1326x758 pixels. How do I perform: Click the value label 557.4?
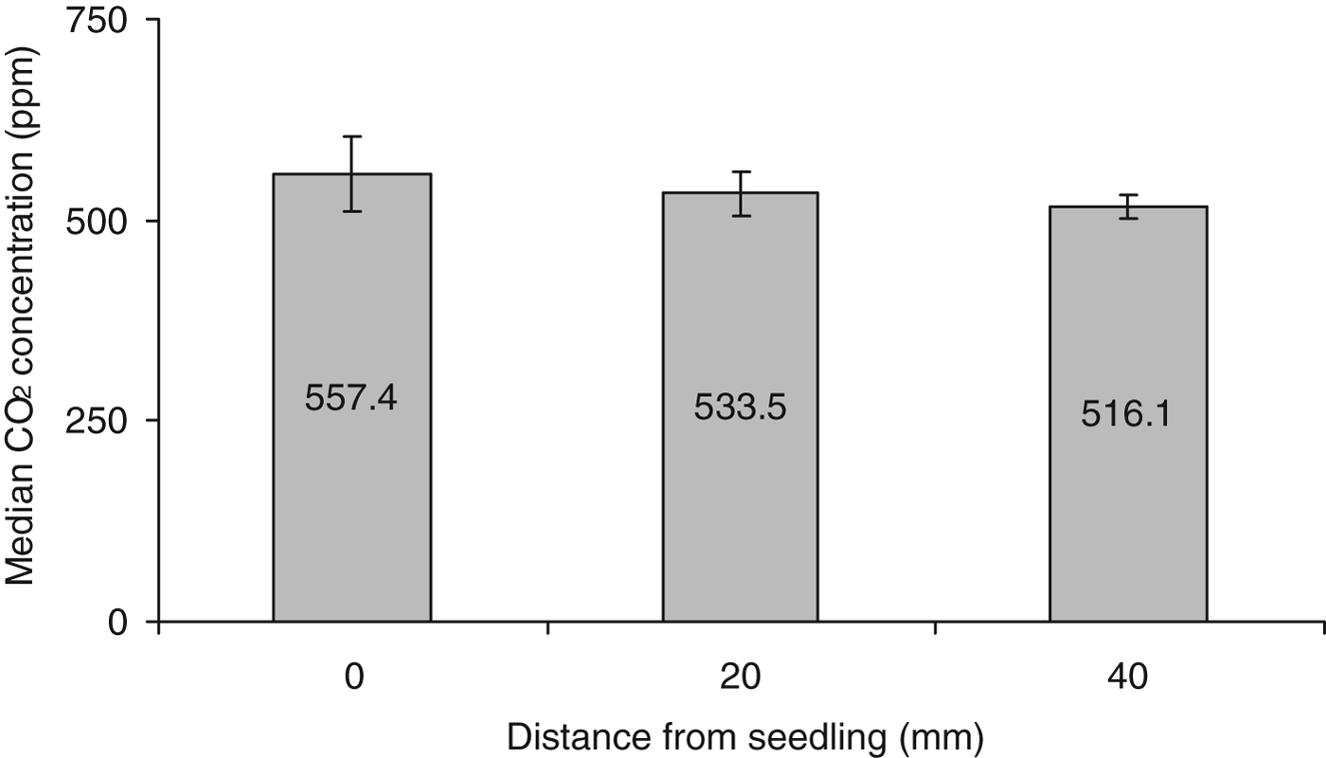[x=350, y=399]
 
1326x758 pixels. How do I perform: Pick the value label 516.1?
[x=1126, y=414]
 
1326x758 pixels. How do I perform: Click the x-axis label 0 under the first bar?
[x=352, y=677]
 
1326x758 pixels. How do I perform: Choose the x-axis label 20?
[x=740, y=677]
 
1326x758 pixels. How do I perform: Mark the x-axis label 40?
[x=1127, y=677]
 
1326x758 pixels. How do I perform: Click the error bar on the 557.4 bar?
[x=351, y=174]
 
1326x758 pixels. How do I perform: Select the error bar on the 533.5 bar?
[x=740, y=193]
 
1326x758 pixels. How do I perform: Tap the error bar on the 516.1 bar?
[x=1127, y=207]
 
